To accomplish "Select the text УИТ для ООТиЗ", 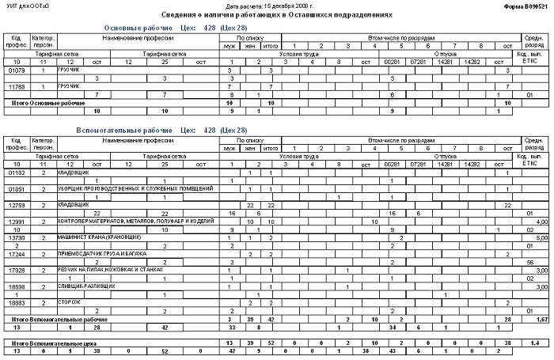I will tap(27, 6).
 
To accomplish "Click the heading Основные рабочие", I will tap(135, 28).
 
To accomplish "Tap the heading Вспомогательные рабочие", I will tap(121, 130).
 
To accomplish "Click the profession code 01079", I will tap(16, 70).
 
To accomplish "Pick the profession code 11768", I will tap(16, 86).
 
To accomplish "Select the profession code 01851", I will tap(16, 189).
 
